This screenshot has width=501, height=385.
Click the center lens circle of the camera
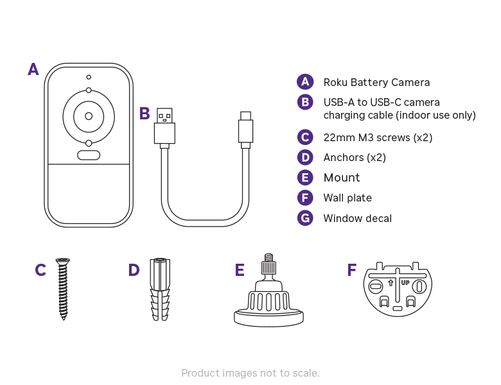coord(89,116)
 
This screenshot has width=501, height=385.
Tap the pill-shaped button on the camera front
coord(89,155)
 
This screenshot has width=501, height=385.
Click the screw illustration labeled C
coord(62,288)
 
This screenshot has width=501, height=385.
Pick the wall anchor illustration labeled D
coord(160,289)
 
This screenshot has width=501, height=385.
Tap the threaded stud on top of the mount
coord(269,266)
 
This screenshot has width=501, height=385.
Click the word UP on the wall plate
coord(405,282)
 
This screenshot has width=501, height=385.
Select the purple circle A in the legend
coord(305,82)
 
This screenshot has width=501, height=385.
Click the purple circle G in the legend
coord(305,218)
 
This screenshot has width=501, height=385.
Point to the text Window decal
coord(357,218)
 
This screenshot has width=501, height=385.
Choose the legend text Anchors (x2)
coord(355,157)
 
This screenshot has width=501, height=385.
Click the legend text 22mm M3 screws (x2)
coord(378,137)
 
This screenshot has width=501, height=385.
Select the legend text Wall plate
coord(347,198)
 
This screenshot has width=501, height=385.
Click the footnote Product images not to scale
coord(251,373)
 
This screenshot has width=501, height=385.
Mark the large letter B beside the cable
coord(145,114)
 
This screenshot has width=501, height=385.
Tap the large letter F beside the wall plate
coord(351,270)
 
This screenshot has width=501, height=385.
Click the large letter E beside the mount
coord(240,270)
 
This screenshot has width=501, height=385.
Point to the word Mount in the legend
coord(342,178)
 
